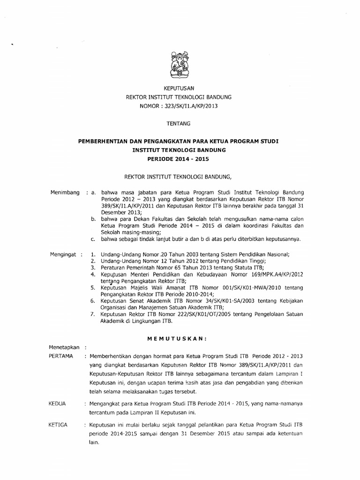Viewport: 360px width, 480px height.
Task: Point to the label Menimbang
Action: (x=64, y=193)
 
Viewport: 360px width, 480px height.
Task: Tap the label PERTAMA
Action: (x=61, y=356)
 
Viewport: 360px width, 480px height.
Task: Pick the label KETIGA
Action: (x=59, y=425)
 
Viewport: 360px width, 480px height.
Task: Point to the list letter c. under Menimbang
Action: (x=93, y=239)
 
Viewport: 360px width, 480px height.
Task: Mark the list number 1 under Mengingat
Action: (x=93, y=255)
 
